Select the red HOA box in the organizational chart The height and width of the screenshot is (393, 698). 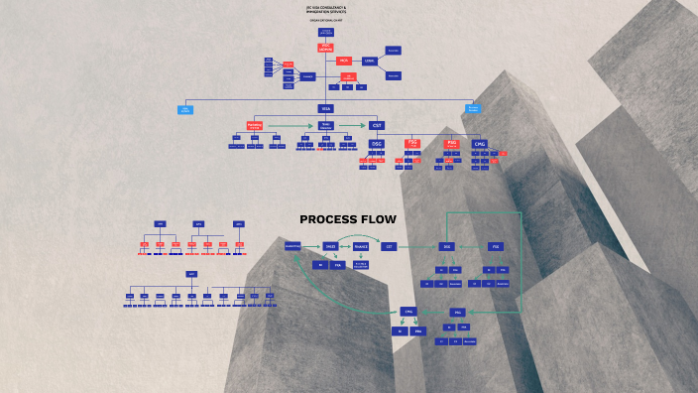(x=344, y=61)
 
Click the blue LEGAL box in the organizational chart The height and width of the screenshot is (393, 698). (x=370, y=61)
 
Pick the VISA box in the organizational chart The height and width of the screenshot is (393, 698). (x=326, y=108)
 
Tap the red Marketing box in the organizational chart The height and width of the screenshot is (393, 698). (x=255, y=125)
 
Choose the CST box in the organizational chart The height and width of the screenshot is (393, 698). (x=377, y=125)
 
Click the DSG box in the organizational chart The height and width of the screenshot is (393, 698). (x=377, y=144)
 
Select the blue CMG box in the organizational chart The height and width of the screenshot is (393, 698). (x=480, y=144)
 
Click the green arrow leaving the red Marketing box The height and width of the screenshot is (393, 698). (x=290, y=125)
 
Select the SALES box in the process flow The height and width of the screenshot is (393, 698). (x=331, y=245)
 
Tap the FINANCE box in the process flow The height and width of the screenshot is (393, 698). (x=361, y=245)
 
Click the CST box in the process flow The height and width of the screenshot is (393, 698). (x=390, y=245)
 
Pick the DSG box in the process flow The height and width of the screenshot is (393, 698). (x=447, y=245)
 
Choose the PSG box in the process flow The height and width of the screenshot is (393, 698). (x=496, y=245)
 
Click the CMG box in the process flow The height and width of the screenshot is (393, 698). (x=408, y=312)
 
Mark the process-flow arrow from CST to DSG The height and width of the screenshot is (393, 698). (x=417, y=245)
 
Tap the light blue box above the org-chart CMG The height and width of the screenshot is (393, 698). (x=474, y=108)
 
